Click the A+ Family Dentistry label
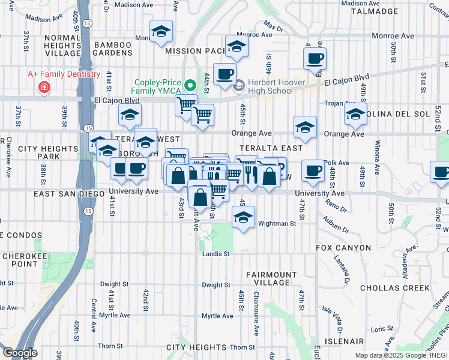64,74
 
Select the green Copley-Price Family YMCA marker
190,86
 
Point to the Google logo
20,352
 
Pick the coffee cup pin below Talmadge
315,59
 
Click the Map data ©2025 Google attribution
394,355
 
